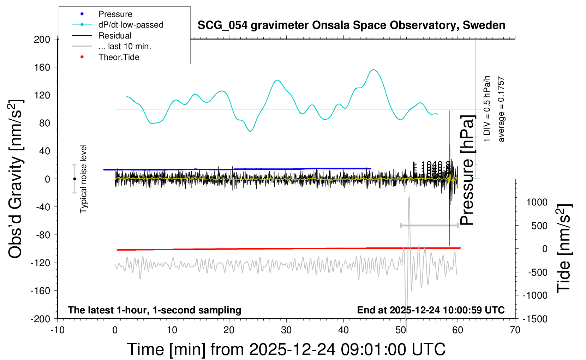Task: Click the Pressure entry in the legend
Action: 115,14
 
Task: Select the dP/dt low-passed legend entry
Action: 131,25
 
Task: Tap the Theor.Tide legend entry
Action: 119,57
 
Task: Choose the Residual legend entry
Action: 115,36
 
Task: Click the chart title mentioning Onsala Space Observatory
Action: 351,25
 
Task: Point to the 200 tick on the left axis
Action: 42,39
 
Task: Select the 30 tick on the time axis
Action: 286,330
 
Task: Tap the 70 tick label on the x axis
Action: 515,330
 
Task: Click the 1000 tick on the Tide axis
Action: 537,202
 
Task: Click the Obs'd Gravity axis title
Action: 16,179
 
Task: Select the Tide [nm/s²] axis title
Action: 564,248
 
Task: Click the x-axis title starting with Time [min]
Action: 286,349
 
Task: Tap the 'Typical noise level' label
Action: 83,179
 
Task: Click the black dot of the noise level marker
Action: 74,179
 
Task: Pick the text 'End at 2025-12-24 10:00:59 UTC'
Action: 431,310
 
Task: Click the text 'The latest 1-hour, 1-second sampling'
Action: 155,310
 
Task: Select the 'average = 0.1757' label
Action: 501,109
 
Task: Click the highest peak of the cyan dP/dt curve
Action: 373,70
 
